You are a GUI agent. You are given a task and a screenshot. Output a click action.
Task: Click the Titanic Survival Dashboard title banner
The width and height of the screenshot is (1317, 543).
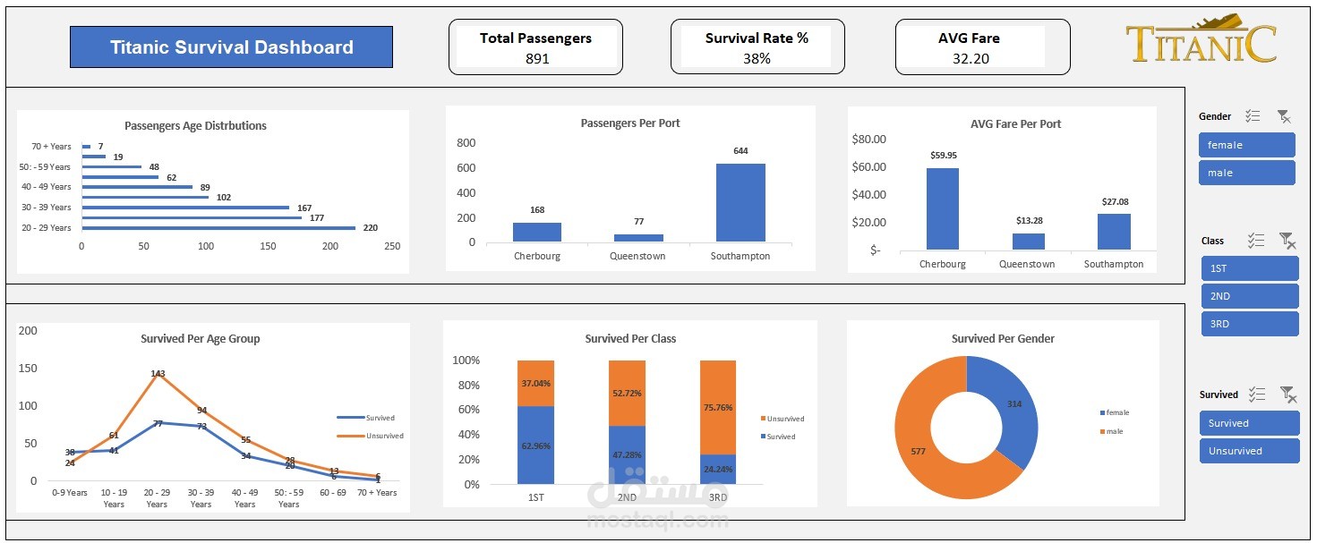231,47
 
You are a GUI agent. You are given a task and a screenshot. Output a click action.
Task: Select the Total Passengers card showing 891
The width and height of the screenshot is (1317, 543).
535,48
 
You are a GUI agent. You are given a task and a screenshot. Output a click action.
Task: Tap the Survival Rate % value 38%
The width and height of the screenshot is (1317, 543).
757,59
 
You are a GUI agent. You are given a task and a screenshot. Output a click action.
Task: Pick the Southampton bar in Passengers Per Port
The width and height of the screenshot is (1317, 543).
740,202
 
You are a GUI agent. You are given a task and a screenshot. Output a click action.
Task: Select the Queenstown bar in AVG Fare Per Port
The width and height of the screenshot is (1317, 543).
1028,241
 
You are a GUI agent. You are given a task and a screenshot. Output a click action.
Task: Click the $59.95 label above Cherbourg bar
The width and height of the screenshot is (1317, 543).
943,155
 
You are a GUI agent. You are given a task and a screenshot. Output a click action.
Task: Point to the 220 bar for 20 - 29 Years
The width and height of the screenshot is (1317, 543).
218,228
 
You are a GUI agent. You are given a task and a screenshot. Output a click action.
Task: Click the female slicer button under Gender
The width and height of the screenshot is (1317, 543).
1246,145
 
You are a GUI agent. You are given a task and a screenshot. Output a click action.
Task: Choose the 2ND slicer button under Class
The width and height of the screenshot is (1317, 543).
1249,296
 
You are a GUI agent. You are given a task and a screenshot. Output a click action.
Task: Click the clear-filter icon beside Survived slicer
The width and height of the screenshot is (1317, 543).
1287,394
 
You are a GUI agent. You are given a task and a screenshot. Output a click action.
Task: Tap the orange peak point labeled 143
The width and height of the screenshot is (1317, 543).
158,374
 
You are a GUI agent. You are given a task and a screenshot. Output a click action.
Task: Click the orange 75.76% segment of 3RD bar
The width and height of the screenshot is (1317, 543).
718,407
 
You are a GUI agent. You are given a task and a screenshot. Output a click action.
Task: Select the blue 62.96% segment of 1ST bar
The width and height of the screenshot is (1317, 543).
535,445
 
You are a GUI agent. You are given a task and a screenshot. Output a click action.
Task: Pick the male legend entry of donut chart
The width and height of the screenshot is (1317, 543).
1113,431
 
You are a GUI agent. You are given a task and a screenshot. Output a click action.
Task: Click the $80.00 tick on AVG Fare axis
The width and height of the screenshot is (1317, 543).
868,139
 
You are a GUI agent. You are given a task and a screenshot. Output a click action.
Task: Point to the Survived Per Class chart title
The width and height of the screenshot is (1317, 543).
630,339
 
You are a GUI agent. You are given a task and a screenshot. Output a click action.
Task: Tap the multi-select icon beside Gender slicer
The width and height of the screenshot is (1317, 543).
1253,116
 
